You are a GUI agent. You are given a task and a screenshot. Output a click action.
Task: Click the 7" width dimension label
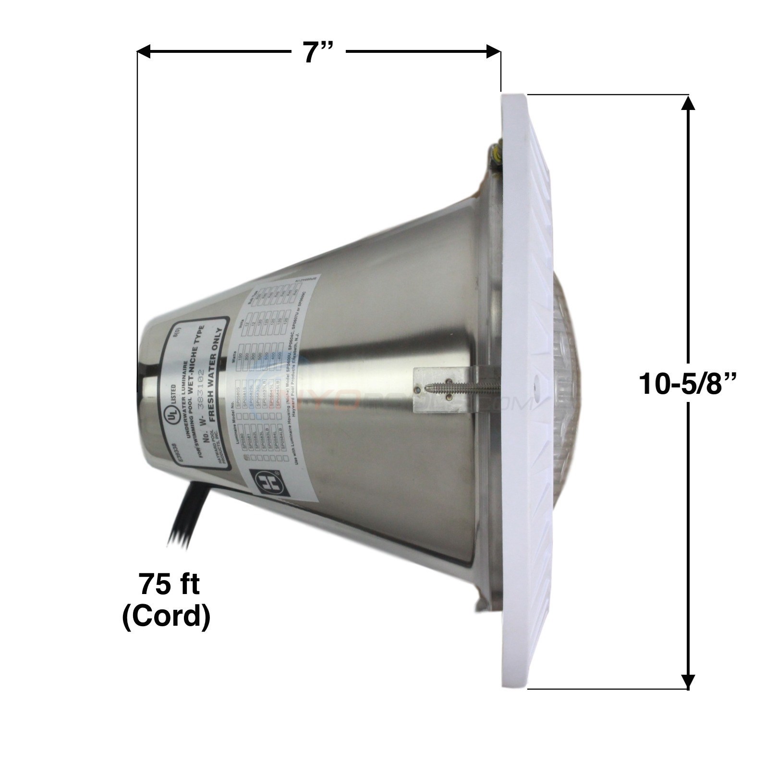coord(317,52)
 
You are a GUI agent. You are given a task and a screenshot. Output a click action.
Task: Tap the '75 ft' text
coord(169,585)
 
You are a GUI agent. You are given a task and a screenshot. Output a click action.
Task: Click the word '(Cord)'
coord(167,617)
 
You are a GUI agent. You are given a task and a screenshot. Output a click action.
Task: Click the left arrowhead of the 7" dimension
coord(144,51)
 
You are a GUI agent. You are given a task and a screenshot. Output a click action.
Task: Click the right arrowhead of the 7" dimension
coord(495,51)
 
